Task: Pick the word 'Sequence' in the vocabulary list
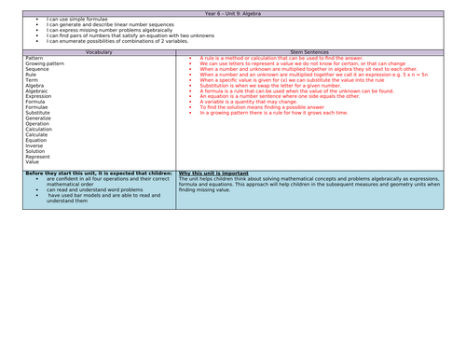click(38, 69)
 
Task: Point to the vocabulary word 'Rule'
click(32, 75)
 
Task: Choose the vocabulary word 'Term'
click(33, 80)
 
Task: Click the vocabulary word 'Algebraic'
click(39, 91)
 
